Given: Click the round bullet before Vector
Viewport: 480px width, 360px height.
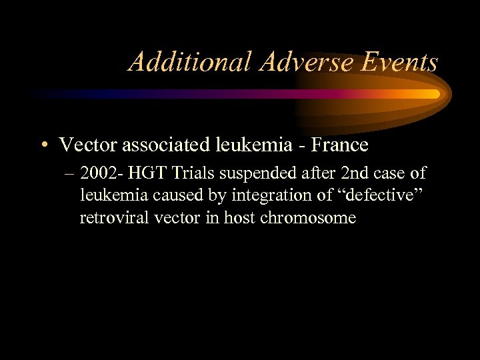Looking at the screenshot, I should [43, 145].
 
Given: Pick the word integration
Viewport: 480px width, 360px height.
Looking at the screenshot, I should [266, 196].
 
